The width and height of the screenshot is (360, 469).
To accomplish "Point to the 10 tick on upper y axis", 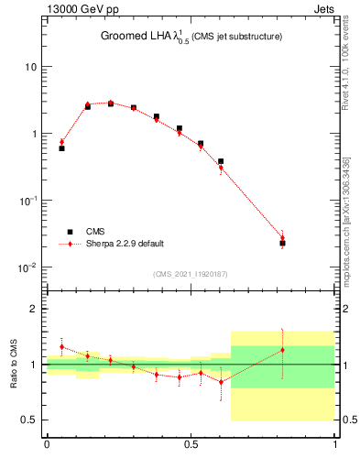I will [x=33, y=67].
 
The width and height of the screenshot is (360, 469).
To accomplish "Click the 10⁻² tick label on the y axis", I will [x=29, y=267].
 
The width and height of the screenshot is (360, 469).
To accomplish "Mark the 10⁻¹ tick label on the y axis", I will [x=29, y=201].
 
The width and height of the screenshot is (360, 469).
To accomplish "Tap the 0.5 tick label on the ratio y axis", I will [x=31, y=420].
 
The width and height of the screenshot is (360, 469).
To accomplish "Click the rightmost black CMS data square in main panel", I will [x=282, y=243].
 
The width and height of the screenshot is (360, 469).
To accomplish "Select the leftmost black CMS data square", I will [x=61, y=147].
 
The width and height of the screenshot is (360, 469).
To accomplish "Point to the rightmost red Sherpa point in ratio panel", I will [x=282, y=350].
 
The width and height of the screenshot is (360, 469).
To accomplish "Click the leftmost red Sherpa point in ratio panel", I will [x=61, y=347].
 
